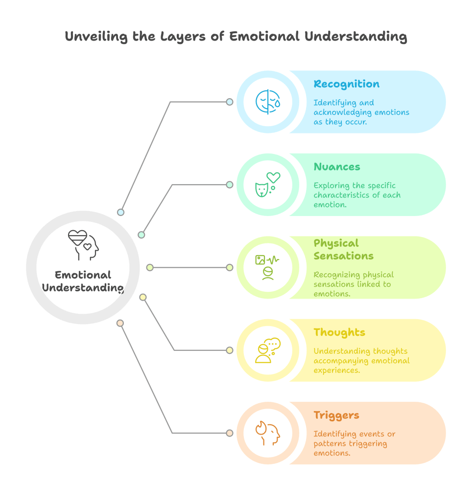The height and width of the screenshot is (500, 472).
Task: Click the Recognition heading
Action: [x=346, y=84]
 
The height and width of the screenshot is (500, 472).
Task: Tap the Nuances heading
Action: [x=337, y=167]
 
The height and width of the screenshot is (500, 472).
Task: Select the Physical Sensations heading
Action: [x=343, y=249]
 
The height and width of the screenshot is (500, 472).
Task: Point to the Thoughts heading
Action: [x=339, y=332]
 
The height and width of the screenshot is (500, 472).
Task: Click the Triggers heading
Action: [x=336, y=415]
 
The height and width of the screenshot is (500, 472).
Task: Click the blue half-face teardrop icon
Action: [x=268, y=102]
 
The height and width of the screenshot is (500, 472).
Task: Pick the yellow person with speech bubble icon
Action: [x=267, y=350]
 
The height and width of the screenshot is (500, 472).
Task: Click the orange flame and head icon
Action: [x=267, y=433]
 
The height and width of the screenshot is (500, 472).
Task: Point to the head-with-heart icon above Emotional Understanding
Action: [x=83, y=245]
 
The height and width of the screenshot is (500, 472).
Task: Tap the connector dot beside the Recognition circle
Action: [x=229, y=102]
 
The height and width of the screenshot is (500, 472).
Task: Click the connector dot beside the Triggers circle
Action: [x=229, y=433]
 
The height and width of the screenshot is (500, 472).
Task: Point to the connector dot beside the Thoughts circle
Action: [x=229, y=350]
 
